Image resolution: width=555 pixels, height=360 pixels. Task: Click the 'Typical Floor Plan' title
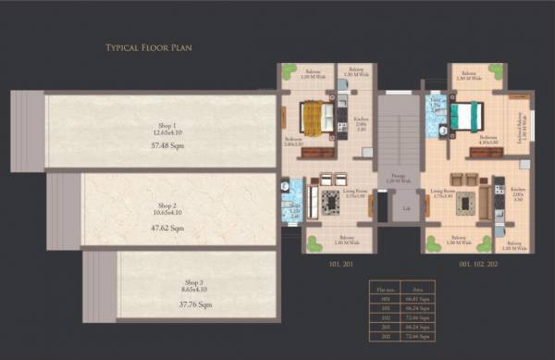click(x=149, y=46)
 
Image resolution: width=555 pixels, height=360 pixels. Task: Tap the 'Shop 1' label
click(x=167, y=124)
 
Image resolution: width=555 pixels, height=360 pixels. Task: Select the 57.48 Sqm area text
click(x=167, y=146)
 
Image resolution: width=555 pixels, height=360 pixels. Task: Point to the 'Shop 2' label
click(x=166, y=205)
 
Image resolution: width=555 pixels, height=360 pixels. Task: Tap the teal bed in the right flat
click(x=466, y=116)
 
